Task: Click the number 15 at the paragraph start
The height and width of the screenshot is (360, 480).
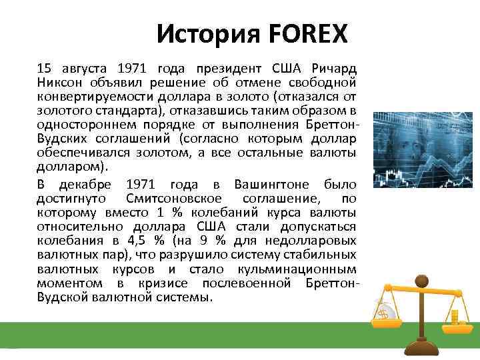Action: tap(43, 69)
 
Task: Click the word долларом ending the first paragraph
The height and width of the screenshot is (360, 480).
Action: tap(68, 167)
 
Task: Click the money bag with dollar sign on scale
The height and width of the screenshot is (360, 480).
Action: tap(385, 311)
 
